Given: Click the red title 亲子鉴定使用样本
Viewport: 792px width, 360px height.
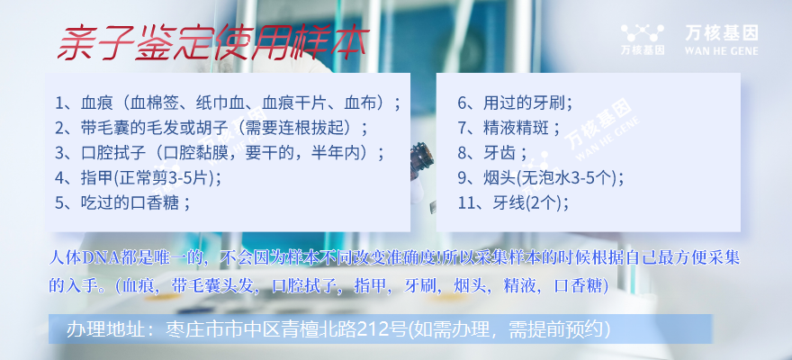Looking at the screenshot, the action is point(213,43).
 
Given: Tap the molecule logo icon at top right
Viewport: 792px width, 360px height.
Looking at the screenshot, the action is point(642,33).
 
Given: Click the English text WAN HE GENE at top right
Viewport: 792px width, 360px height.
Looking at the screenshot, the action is point(721,50).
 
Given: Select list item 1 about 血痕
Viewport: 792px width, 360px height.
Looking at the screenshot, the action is point(228,104).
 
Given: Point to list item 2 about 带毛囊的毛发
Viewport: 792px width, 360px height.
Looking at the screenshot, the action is point(211,128).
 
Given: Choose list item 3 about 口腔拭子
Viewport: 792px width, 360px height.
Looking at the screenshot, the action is point(220,153).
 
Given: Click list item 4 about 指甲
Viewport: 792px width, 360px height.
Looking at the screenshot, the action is point(138,177).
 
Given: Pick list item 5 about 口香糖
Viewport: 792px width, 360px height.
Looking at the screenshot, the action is point(122,202).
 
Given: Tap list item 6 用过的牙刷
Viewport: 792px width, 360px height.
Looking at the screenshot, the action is point(515,104).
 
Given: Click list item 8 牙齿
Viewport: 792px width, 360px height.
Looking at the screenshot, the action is point(492,153).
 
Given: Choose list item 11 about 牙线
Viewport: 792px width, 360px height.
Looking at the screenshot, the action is point(513,202).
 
